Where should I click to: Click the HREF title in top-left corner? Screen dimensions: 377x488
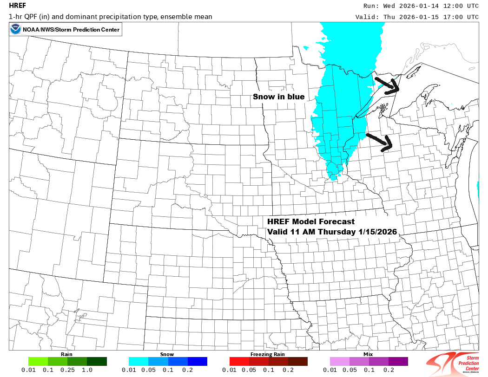click(x=17, y=6)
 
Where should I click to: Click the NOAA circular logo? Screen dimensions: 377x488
click(x=15, y=30)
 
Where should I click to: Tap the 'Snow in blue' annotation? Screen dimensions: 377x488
click(x=278, y=97)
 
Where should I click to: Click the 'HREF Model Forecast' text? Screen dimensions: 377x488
click(x=311, y=222)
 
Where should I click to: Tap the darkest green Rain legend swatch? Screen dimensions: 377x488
click(x=97, y=361)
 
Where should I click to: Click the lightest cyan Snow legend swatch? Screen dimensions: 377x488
click(x=138, y=361)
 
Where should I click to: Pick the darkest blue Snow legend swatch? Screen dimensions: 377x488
click(x=198, y=361)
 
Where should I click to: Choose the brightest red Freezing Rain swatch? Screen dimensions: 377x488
click(x=239, y=361)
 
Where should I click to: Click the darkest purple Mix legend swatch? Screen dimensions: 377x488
click(x=398, y=361)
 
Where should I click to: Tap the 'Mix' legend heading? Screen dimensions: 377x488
click(x=369, y=354)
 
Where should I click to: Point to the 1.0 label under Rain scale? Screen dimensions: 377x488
click(x=87, y=370)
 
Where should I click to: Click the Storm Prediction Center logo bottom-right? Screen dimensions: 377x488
click(x=455, y=363)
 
